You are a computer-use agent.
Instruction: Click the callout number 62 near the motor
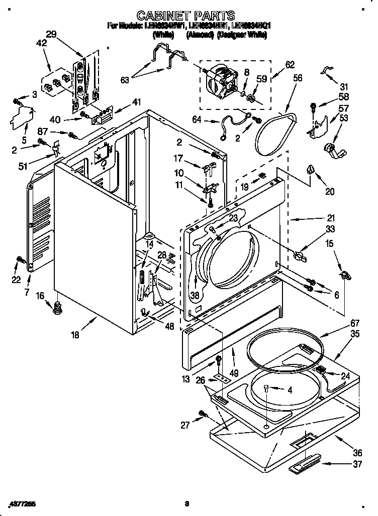290,64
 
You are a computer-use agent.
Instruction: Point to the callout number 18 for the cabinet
75,335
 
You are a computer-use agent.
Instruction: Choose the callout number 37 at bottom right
357,464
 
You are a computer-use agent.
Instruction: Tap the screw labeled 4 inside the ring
266,386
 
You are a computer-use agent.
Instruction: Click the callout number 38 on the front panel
195,295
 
